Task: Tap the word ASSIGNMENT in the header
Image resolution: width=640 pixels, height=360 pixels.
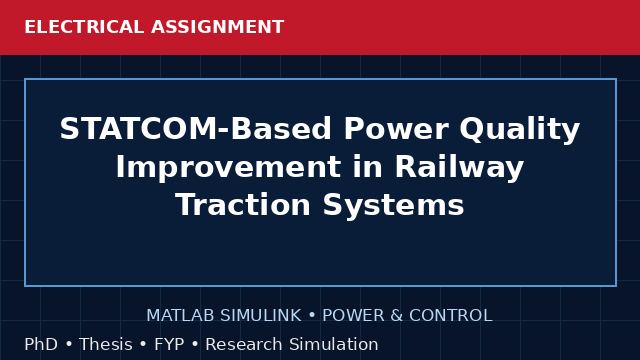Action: pos(218,27)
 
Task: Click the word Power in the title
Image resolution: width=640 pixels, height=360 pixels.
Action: pos(396,129)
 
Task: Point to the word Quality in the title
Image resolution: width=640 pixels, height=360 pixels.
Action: pos(520,131)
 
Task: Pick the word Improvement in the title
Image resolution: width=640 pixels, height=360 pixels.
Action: pos(228,167)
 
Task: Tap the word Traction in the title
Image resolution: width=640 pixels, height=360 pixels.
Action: pos(243,204)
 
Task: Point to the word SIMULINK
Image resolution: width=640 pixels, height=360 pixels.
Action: pos(261,316)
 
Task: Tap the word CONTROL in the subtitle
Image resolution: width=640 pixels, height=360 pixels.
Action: pos(451,316)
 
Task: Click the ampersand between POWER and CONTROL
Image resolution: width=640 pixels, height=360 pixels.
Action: pos(396,316)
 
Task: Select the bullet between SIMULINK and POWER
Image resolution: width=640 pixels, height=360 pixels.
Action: pos(312,316)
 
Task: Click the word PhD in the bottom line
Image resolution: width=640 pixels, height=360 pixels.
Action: pos(41,344)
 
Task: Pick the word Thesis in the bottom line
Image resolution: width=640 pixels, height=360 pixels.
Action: pos(106,344)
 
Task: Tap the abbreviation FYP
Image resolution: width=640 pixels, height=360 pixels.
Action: pos(169,344)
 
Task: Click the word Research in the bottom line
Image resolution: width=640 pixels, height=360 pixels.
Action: pos(244,344)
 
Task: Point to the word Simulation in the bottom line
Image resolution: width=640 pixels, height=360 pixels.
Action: pos(334,344)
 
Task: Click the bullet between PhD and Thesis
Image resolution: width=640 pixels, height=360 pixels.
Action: pos(69,344)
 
